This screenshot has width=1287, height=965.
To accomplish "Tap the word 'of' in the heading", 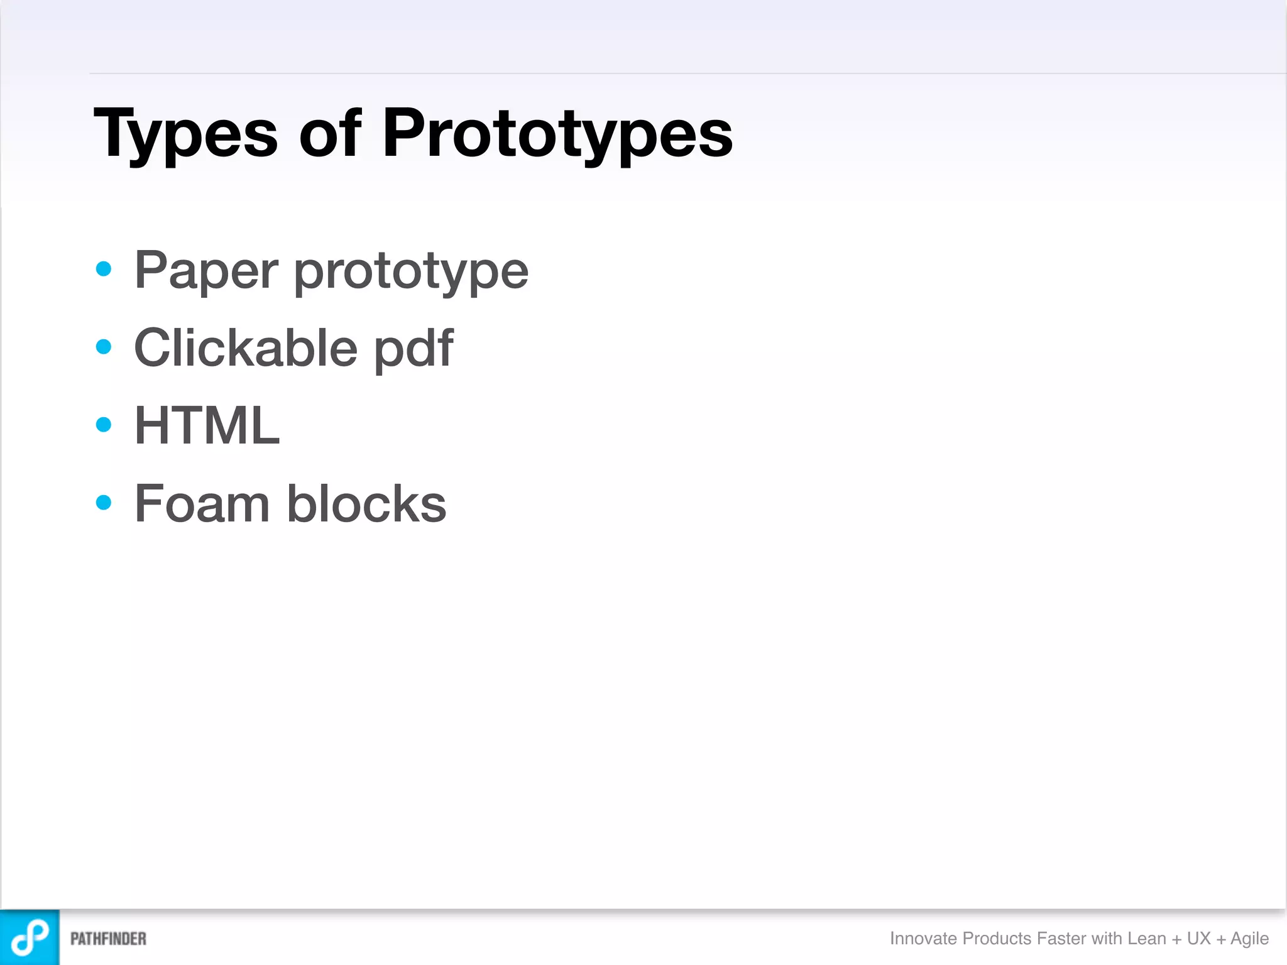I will [x=330, y=133].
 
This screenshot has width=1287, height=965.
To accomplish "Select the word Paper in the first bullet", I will [x=206, y=271].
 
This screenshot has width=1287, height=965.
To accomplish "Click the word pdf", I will [x=413, y=349].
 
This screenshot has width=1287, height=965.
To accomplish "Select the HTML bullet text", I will [x=207, y=426].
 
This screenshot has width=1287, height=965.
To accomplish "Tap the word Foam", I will [x=202, y=504].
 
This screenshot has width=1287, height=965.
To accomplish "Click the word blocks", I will [x=366, y=504].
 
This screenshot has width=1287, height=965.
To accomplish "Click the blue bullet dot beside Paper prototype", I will [x=104, y=270].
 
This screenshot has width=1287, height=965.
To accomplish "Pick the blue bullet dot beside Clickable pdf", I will [x=104, y=347].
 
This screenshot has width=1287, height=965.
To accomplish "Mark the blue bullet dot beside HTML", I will [x=104, y=425].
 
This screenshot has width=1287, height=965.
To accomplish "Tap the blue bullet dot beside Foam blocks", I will [x=104, y=503].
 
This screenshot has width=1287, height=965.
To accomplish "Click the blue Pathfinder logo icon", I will [x=30, y=937].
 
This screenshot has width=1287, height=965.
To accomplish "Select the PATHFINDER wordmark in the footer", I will [x=108, y=939].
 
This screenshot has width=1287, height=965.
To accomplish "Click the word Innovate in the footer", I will [x=923, y=939].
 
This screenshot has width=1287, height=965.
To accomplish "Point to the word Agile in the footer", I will [x=1249, y=939].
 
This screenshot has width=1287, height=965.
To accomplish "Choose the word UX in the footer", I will [x=1198, y=939].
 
